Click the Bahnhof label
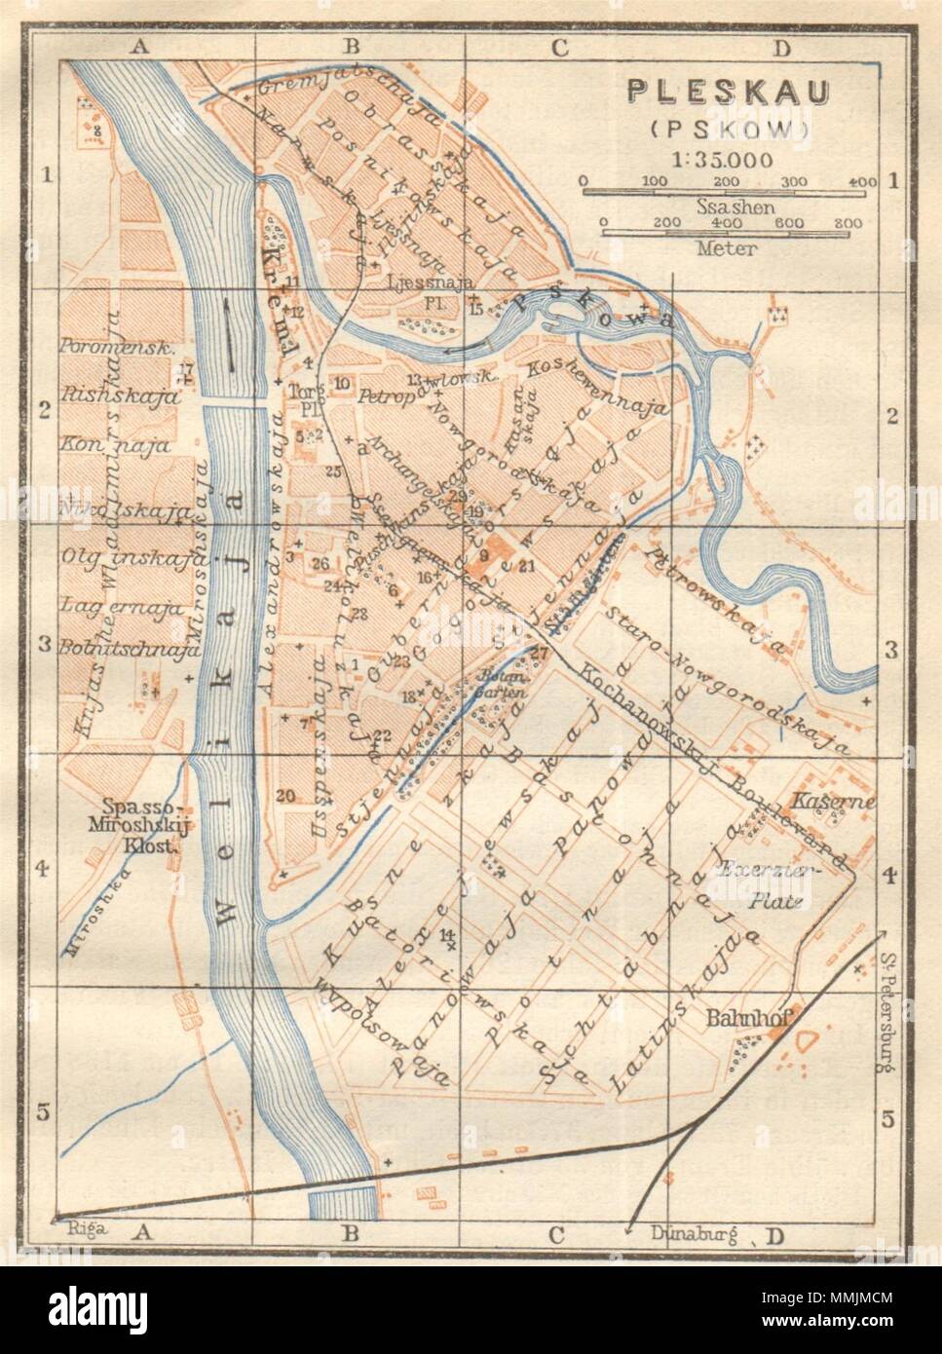point(747,1017)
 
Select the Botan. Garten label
point(500,684)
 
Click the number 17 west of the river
point(187,368)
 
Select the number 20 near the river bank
point(284,796)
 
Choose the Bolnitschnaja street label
point(129,646)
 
